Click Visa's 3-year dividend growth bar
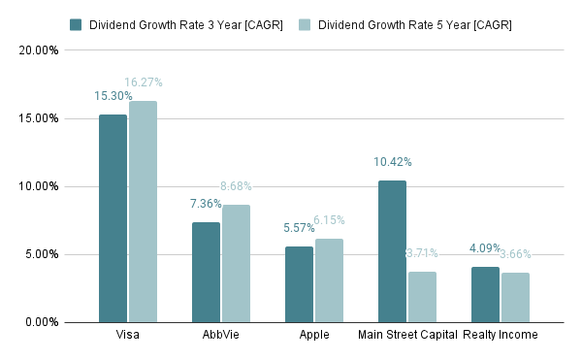[x=113, y=218]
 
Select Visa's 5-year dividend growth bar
[x=143, y=212]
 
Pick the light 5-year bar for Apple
[x=329, y=280]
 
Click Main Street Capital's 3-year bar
[x=392, y=251]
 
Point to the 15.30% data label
[x=113, y=97]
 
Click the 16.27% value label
[x=144, y=83]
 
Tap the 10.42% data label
[x=393, y=162]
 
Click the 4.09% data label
[x=486, y=248]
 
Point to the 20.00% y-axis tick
[x=40, y=50]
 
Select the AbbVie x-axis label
[x=220, y=336]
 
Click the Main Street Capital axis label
[x=406, y=336]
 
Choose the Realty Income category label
[x=501, y=336]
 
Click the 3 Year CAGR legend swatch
[x=77, y=24]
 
